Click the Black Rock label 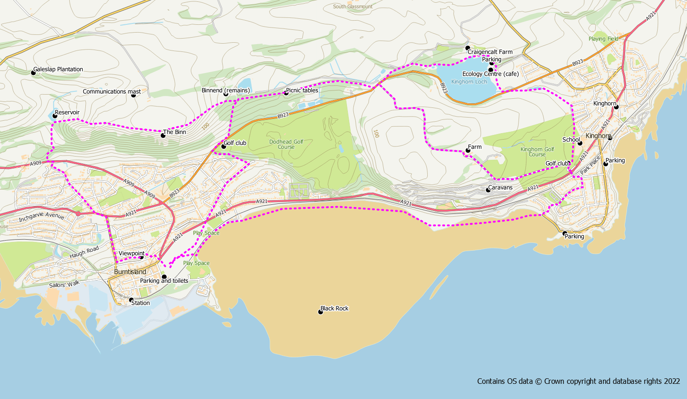(335, 309)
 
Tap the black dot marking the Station (131, 300)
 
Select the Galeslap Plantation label (58, 69)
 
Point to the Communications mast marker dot (134, 95)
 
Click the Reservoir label (67, 112)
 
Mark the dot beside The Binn (163, 135)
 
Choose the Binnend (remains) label (226, 90)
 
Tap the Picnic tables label (302, 90)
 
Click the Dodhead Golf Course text (286, 144)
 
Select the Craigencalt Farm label (490, 52)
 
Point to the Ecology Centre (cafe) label (491, 74)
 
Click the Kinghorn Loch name (469, 82)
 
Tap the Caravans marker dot (489, 190)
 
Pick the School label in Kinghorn (571, 140)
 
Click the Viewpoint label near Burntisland (132, 253)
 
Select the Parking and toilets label (164, 281)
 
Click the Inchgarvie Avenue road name (42, 216)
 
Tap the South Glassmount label (353, 6)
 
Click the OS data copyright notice (578, 381)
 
